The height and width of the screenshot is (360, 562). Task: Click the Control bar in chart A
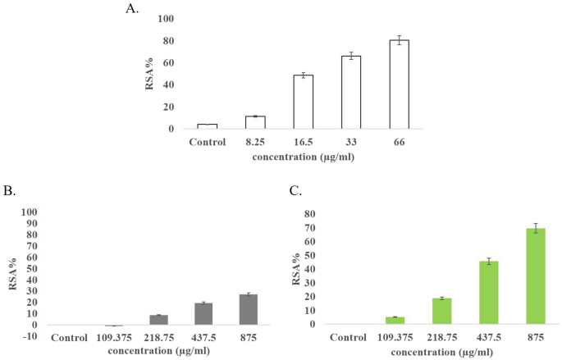click(207, 126)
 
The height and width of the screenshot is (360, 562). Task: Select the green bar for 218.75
click(418, 311)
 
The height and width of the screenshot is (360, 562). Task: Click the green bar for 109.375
click(372, 321)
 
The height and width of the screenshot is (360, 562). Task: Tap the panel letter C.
click(295, 190)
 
